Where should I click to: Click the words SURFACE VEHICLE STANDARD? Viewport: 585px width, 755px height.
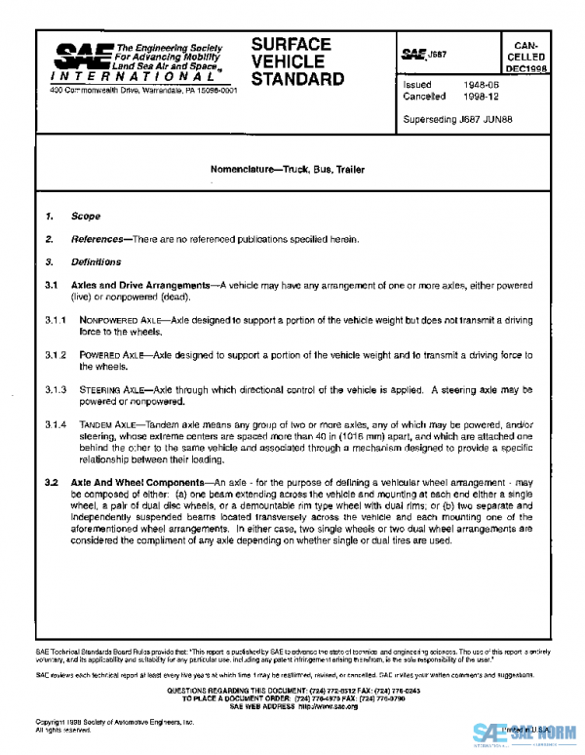click(297, 61)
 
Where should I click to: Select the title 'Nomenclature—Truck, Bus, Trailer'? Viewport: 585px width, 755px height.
click(288, 169)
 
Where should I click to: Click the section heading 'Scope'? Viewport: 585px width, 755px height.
click(85, 217)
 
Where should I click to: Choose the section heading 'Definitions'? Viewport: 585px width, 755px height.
click(96, 262)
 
